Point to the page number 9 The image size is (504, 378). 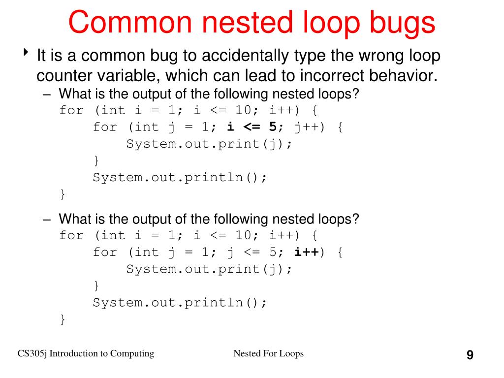pyautogui.click(x=470, y=355)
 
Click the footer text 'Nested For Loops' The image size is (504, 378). pyautogui.click(x=268, y=353)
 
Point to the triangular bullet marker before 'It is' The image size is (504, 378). pyautogui.click(x=26, y=52)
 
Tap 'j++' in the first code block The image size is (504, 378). pyautogui.click(x=307, y=127)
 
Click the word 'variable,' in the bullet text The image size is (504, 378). pyautogui.click(x=129, y=76)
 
